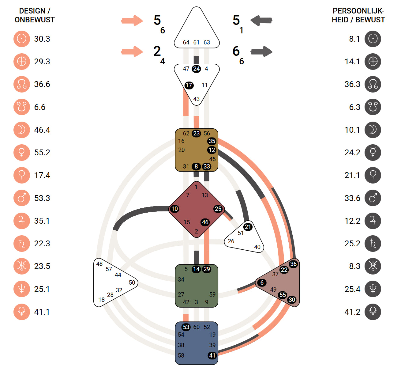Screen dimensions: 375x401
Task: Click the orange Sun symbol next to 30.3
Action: tap(21, 39)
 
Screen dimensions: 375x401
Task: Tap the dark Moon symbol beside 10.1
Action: tap(373, 130)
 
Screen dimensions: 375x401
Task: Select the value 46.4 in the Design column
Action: tap(42, 130)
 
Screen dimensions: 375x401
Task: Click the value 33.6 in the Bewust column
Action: tap(352, 198)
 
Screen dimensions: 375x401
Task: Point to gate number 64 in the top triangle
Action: tap(186, 43)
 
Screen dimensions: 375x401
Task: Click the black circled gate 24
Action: tap(196, 69)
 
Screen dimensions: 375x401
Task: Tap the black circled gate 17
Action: tap(189, 85)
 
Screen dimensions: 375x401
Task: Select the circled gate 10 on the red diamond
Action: tap(174, 209)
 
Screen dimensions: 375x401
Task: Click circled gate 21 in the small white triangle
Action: tap(248, 227)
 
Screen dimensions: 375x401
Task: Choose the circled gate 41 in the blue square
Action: tap(212, 355)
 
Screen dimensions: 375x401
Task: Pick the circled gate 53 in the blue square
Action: tap(186, 327)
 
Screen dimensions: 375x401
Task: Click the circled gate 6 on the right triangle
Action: tap(262, 282)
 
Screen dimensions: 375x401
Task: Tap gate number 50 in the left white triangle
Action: tap(132, 282)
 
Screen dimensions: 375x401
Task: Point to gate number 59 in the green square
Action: tap(212, 294)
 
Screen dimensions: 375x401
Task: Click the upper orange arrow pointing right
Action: tap(132, 21)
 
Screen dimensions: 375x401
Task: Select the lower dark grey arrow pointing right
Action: tap(261, 51)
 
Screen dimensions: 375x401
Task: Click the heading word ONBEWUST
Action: tap(35, 20)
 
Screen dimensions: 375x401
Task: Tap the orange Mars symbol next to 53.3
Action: tap(21, 198)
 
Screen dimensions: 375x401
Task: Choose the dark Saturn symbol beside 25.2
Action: tap(373, 244)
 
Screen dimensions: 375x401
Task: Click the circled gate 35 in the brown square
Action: tap(212, 141)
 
